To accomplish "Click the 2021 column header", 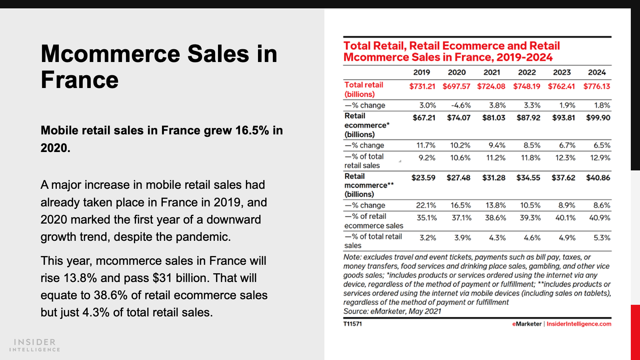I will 492,72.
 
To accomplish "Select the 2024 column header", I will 597,72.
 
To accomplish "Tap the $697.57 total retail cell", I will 456,86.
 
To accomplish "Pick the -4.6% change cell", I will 461,106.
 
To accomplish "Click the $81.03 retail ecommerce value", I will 494,118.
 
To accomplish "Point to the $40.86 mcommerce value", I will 598,178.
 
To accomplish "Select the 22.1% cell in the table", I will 426,206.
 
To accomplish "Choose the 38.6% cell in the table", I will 496,218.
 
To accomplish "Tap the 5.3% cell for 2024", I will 602,238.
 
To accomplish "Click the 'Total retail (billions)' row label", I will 364,90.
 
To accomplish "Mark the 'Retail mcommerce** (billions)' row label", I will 369,185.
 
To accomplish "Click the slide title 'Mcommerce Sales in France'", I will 159,67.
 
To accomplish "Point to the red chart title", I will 451,52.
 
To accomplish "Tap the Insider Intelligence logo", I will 35,345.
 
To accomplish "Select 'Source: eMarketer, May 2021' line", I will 392,312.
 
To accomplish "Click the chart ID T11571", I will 352,324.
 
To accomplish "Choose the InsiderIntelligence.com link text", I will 579,324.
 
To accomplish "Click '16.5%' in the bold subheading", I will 252,131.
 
